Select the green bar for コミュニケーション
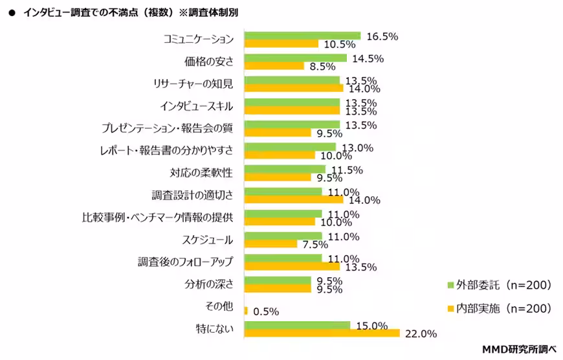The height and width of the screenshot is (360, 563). tap(302, 36)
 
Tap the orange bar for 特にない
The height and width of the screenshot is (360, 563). tap(322, 333)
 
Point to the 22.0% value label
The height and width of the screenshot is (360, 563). tap(421, 334)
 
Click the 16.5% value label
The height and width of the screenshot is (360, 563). tap(381, 36)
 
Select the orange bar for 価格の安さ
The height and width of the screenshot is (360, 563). tap(274, 66)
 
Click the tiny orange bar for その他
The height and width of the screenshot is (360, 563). tap(247, 311)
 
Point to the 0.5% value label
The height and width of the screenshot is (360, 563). tap(266, 311)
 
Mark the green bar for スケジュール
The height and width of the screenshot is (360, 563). tap(283, 236)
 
